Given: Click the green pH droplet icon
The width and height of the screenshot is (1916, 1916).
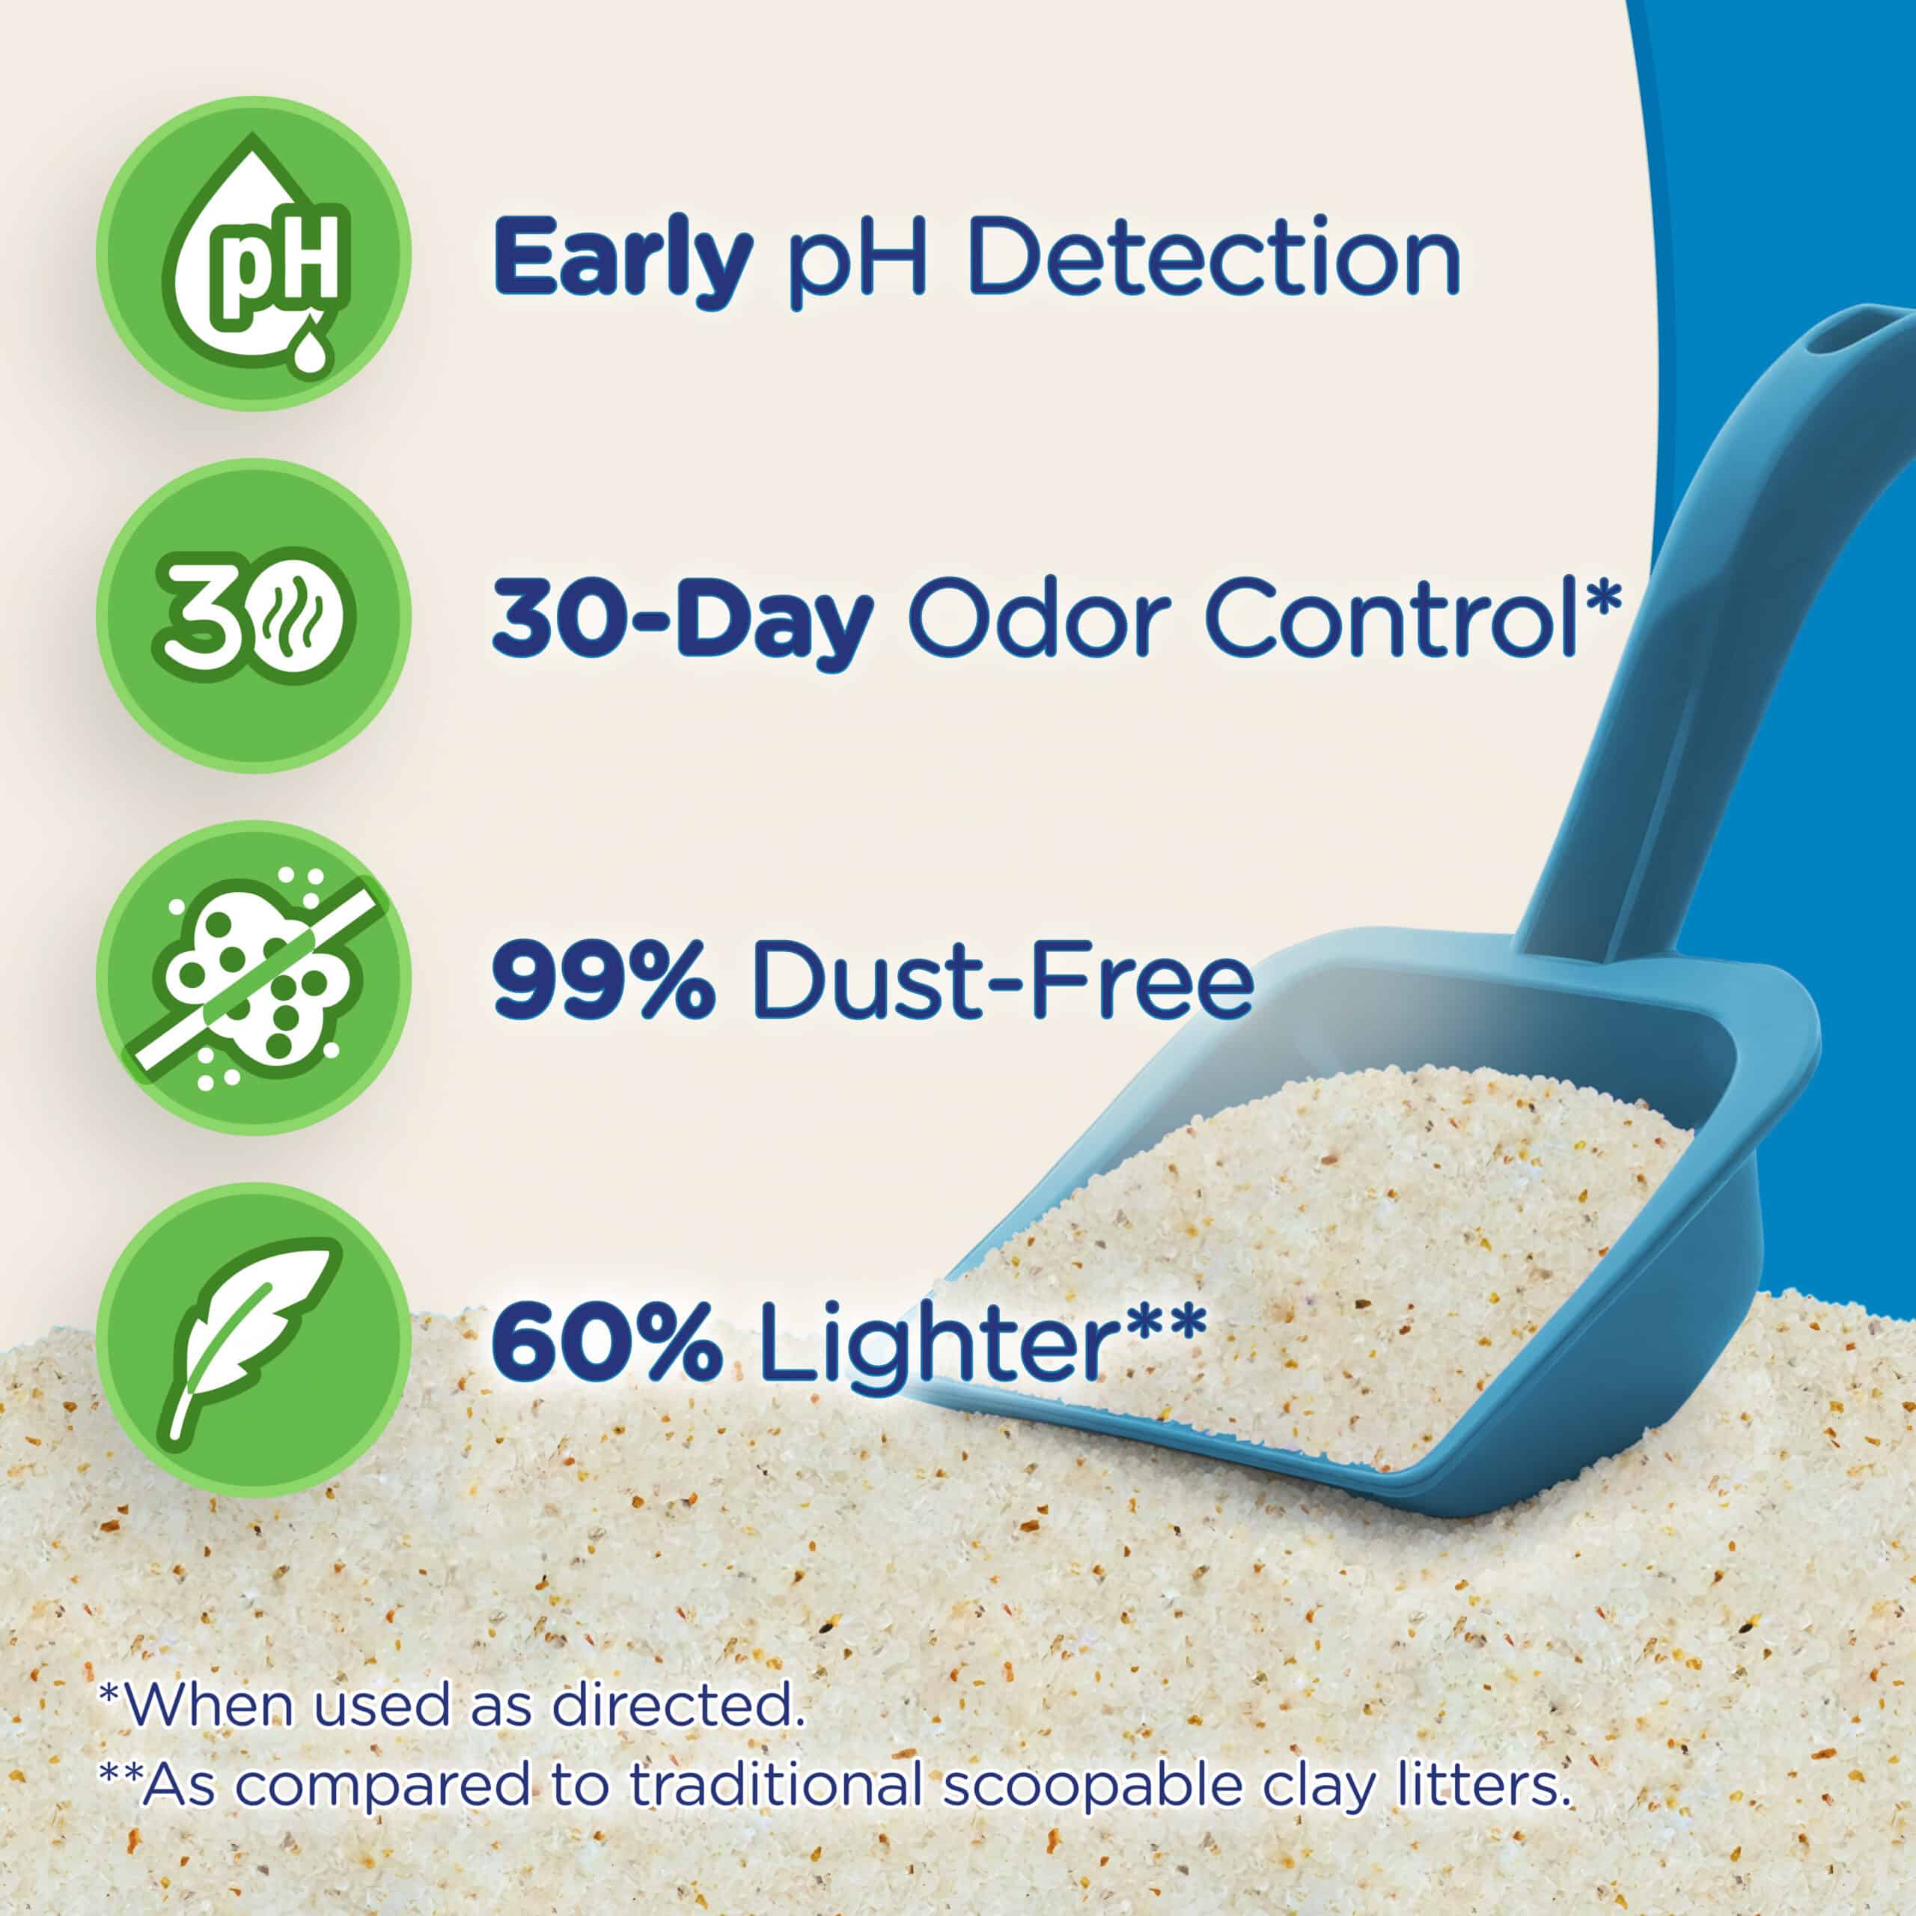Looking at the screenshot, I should pos(254,253).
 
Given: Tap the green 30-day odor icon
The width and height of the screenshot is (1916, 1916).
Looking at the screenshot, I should pos(254,616).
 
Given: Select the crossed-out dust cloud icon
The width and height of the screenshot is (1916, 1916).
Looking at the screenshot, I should pos(254,979).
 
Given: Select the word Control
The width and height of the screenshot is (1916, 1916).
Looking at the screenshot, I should pos(1391,617).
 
